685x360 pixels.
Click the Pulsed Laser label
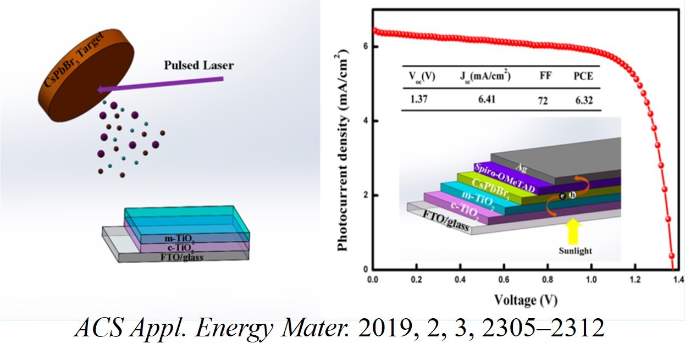(x=198, y=65)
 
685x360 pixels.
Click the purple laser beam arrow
(x=159, y=85)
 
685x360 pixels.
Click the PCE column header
(x=583, y=76)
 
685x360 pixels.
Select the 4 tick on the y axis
(x=365, y=121)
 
